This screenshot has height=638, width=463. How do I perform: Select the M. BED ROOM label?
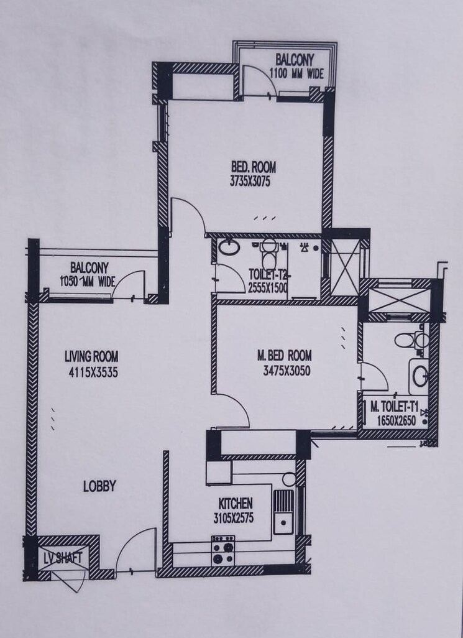(x=284, y=356)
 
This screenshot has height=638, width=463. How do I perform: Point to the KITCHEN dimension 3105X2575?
(x=234, y=517)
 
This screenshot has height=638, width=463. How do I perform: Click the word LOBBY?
(x=99, y=487)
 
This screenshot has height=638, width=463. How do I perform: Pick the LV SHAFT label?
(x=63, y=558)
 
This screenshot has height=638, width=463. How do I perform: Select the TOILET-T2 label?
(x=268, y=274)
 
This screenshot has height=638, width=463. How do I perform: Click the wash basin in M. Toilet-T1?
(x=420, y=375)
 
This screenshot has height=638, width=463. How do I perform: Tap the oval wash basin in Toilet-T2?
(x=229, y=247)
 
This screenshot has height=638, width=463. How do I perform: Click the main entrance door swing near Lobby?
(x=136, y=550)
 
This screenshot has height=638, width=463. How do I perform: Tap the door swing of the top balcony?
(x=258, y=81)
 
